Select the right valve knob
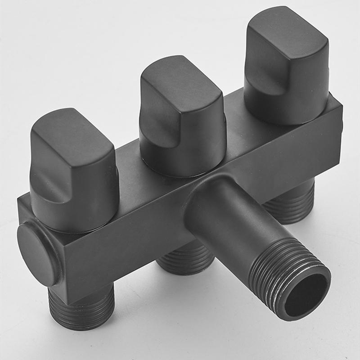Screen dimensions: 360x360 (x=286, y=67)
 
